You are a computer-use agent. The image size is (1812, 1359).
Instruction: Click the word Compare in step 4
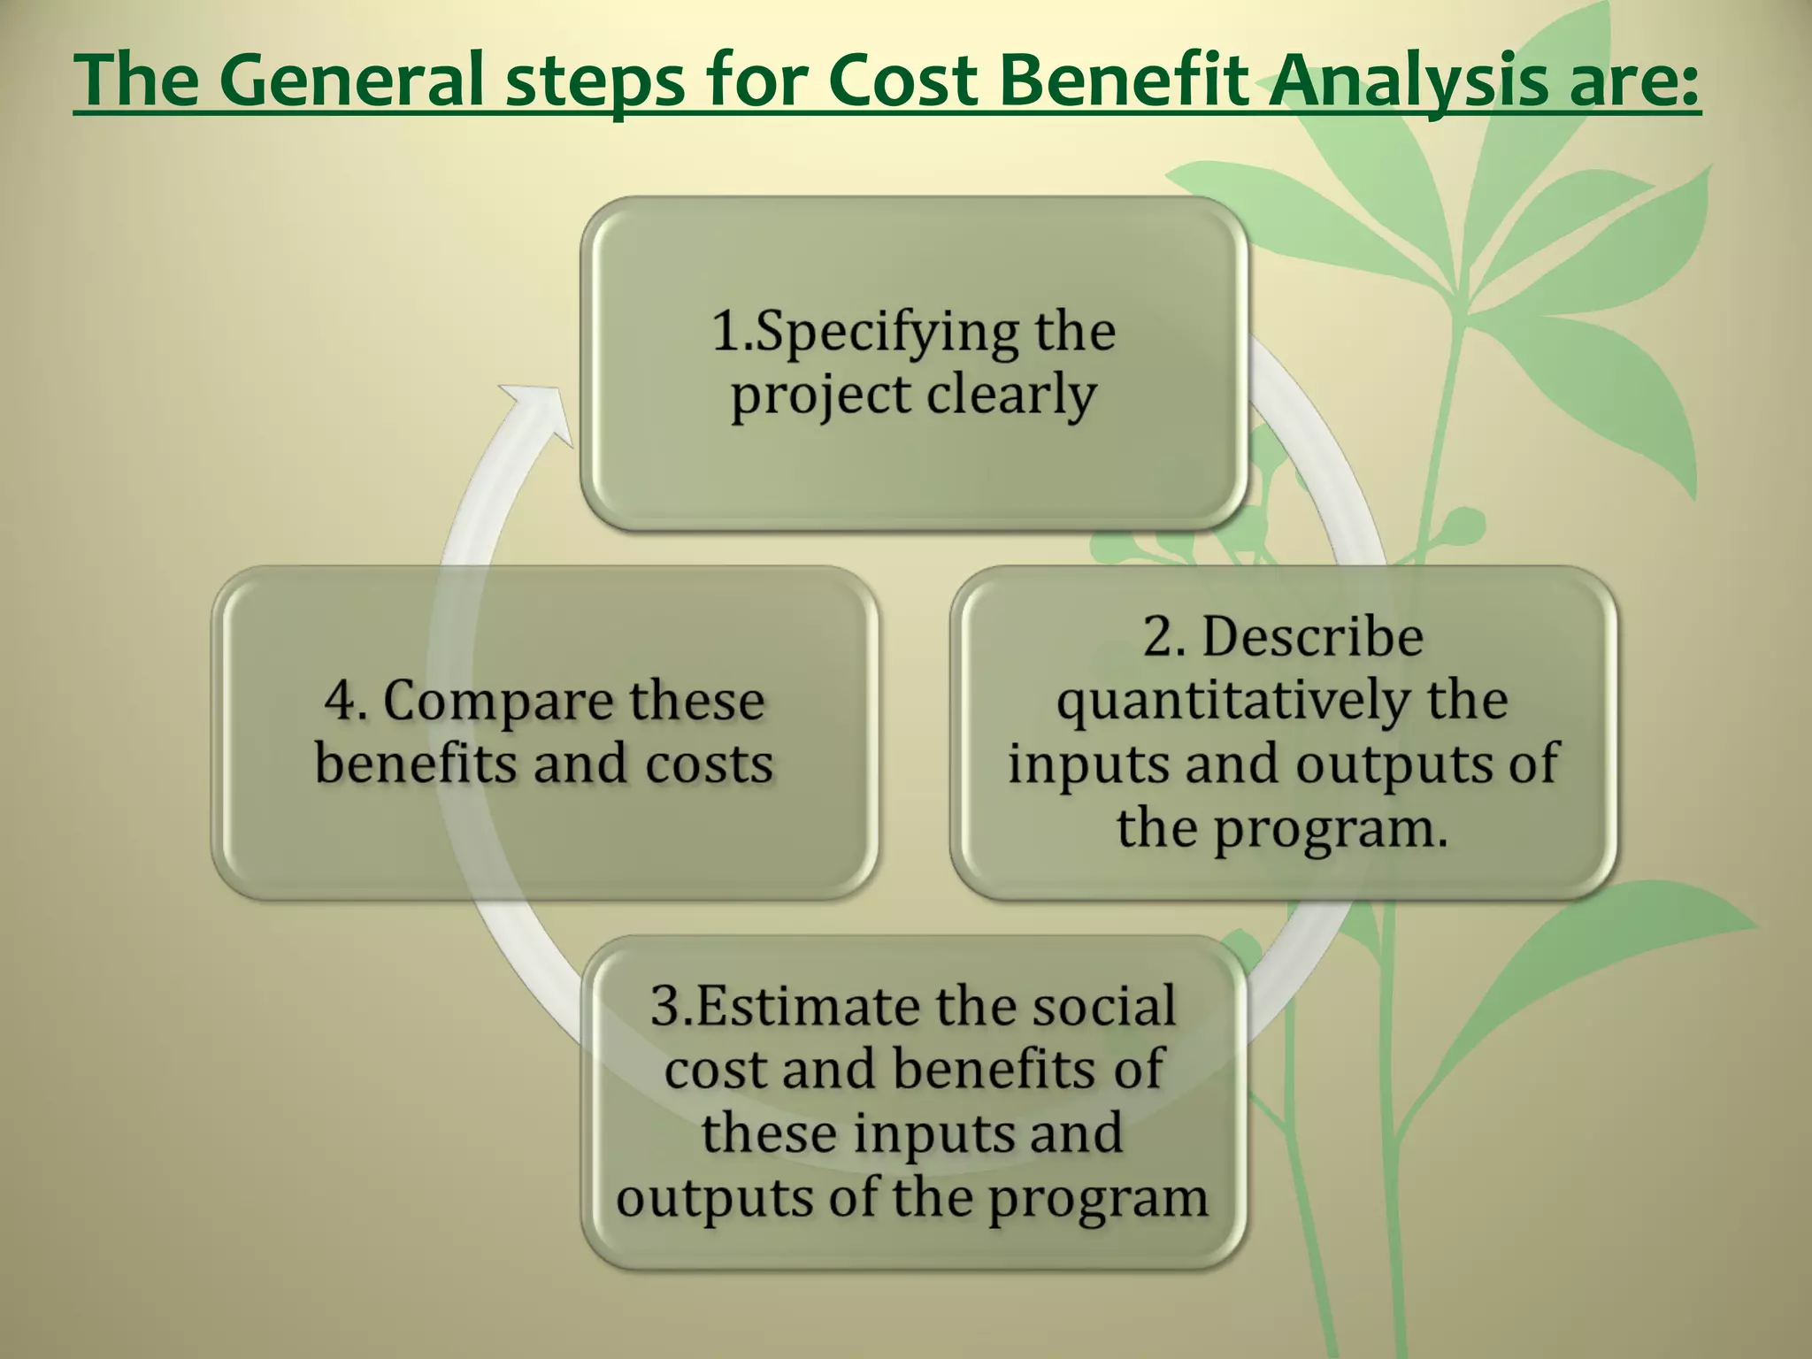(498, 702)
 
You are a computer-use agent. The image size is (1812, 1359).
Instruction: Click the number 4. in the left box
(345, 702)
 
